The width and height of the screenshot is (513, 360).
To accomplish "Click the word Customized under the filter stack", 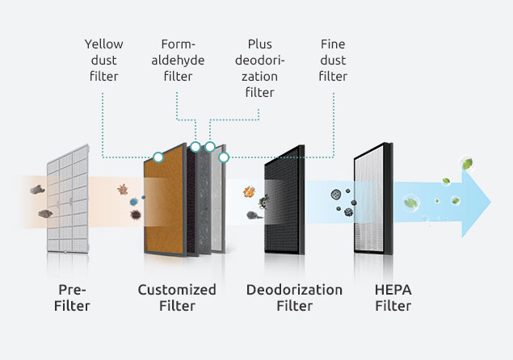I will (177, 290).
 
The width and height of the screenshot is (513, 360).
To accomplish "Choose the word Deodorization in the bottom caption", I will (294, 290).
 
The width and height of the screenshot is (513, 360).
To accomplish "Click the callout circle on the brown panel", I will (159, 157).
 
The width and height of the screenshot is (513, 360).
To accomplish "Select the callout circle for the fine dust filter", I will (224, 157).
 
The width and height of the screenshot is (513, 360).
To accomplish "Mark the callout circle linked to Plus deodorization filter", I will (209, 147).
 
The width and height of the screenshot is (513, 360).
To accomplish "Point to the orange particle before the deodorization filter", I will (249, 193).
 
